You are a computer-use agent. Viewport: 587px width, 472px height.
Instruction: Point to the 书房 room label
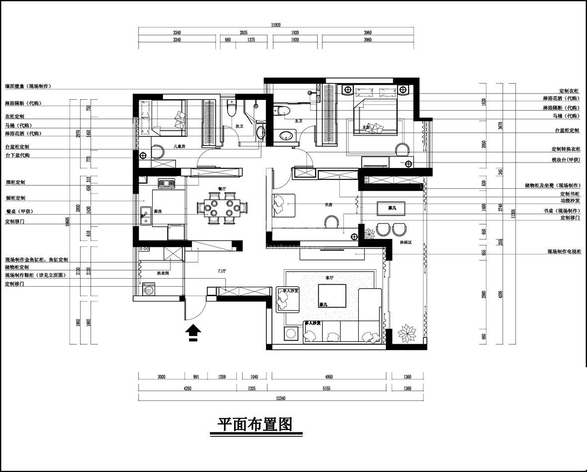[x=329, y=204]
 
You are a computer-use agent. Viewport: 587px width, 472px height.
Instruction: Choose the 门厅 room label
[x=222, y=271]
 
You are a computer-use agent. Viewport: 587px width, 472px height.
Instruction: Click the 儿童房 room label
[x=179, y=147]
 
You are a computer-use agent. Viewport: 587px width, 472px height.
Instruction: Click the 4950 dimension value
[x=330, y=377]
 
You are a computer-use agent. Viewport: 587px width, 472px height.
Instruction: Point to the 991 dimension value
[x=195, y=377]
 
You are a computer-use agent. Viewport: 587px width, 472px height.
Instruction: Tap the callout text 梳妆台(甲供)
[x=566, y=160]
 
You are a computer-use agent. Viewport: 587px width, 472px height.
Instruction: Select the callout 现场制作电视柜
[x=564, y=252]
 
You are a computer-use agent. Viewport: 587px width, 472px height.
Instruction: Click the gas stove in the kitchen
[x=167, y=183]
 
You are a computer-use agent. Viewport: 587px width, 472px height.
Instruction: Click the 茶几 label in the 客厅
[x=323, y=304]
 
